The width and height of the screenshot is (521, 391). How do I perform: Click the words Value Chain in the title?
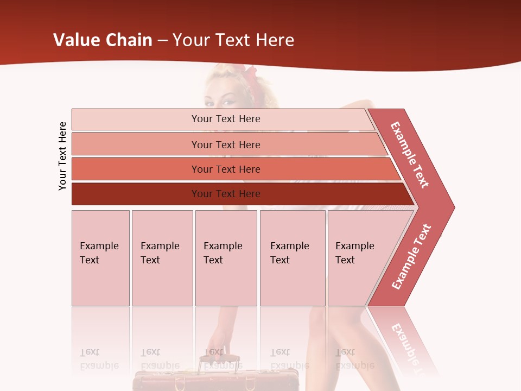(x=103, y=40)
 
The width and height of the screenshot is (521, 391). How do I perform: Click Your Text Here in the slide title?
(x=233, y=40)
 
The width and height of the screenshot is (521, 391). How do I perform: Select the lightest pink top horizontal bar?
(x=225, y=119)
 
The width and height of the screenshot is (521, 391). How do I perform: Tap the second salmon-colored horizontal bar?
(x=225, y=144)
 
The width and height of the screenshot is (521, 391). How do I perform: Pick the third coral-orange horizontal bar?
(x=225, y=169)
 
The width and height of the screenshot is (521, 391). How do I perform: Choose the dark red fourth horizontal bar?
(x=225, y=194)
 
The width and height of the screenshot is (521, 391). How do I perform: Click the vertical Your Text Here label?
(x=62, y=156)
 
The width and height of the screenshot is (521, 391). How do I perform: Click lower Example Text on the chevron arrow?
(x=411, y=257)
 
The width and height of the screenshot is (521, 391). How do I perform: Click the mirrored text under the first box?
(x=99, y=359)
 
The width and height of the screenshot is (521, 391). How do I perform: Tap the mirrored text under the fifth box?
(x=354, y=359)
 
